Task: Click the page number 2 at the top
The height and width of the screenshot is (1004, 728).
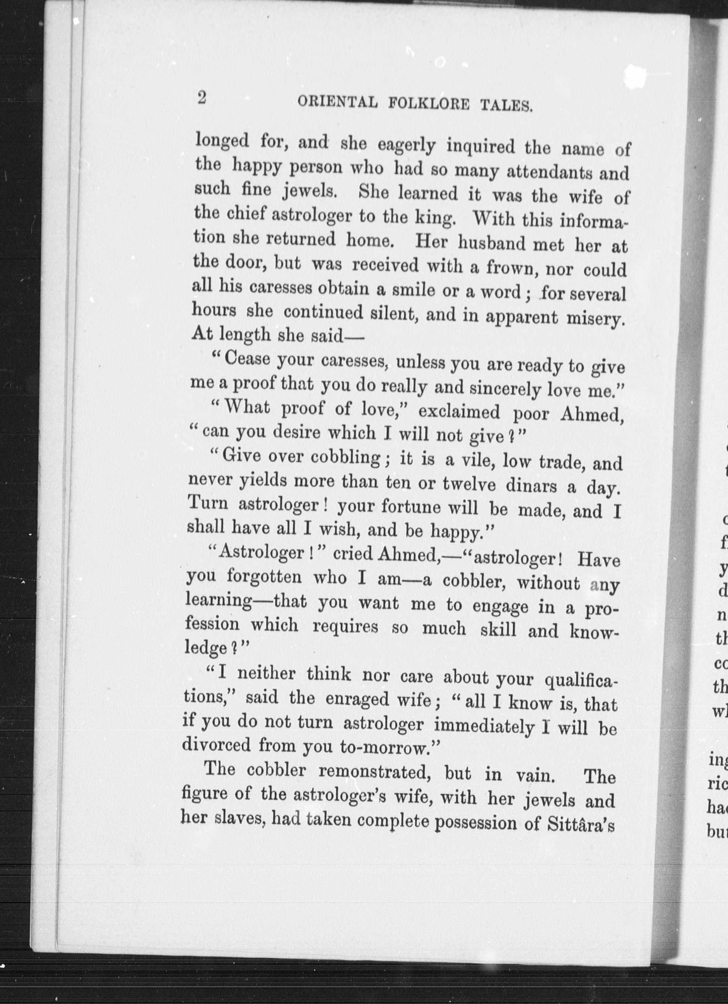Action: click(x=202, y=97)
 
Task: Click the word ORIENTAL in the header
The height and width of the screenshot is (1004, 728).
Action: click(x=337, y=102)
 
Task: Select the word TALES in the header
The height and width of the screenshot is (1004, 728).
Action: click(x=506, y=106)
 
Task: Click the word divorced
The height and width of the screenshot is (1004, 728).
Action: click(x=217, y=745)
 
